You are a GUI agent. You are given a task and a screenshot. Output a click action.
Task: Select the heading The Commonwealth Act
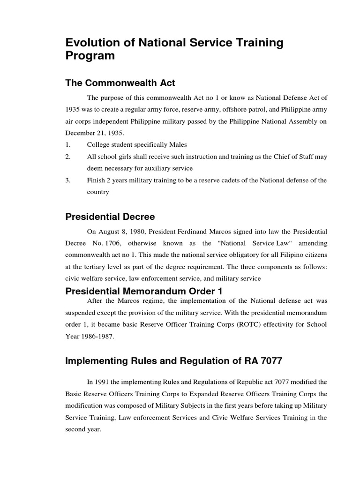(x=120, y=83)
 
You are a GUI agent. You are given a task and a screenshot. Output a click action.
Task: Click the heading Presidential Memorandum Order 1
(x=143, y=291)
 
